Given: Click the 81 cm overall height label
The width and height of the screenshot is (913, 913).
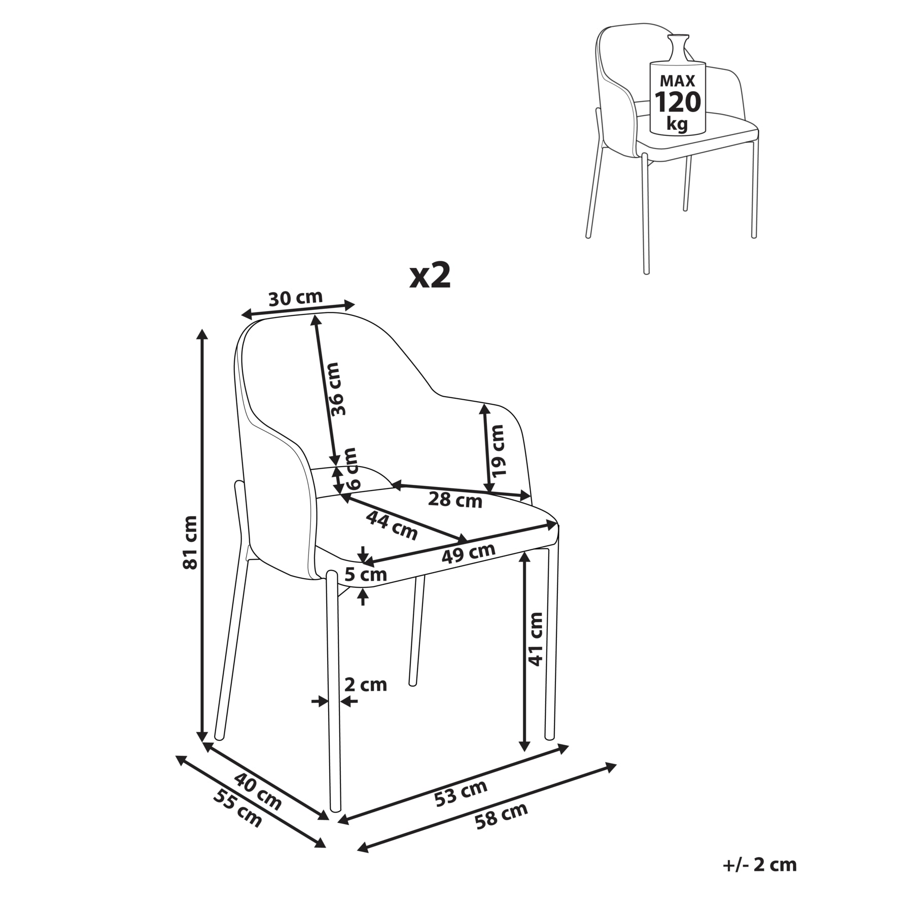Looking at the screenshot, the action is coord(190,542).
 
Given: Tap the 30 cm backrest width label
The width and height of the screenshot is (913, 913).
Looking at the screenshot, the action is coord(295,298).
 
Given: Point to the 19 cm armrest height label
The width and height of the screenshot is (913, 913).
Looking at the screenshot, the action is coord(498,450).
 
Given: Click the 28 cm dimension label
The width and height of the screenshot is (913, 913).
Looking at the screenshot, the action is coord(455,500).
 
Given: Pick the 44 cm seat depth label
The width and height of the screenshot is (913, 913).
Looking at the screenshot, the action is coord(392,525).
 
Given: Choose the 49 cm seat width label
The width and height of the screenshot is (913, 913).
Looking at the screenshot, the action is coord(468,553).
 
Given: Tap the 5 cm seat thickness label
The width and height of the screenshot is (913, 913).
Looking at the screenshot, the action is coord(366,575).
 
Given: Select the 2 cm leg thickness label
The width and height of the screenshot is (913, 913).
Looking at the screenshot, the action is coord(366,685).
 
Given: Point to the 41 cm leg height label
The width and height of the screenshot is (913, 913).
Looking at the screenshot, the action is coord(536,639).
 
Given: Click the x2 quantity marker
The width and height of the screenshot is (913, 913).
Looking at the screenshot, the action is coord(430,276).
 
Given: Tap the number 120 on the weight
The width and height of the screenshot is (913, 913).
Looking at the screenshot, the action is coord(678,102).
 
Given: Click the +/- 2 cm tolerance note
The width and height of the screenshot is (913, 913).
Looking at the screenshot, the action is coord(760,864).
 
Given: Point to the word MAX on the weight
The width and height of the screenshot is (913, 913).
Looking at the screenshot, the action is coord(678,81).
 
